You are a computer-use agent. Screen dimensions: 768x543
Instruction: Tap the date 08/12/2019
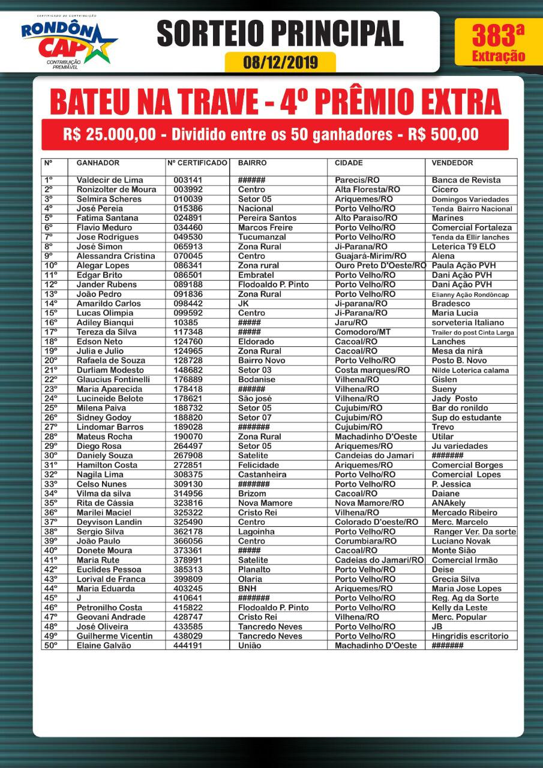pos(280,62)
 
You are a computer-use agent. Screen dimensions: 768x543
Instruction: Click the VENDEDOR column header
pos(452,163)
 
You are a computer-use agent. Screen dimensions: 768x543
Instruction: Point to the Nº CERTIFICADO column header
pos(197,163)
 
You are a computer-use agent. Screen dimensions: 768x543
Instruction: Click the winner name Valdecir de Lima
pos(109,180)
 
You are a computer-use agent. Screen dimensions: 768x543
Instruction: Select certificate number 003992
pos(189,190)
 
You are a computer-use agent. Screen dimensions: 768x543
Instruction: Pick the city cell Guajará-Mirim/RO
pos(370,256)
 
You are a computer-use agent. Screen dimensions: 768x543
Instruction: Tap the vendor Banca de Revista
pos(466,180)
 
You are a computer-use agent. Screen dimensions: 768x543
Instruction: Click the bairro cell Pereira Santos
pos(267,218)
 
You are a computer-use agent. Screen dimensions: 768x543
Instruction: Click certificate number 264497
pos(189,446)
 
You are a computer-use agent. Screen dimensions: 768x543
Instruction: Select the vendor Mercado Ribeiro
pos(464,512)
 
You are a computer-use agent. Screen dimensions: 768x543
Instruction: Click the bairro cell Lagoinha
pos(256,532)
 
